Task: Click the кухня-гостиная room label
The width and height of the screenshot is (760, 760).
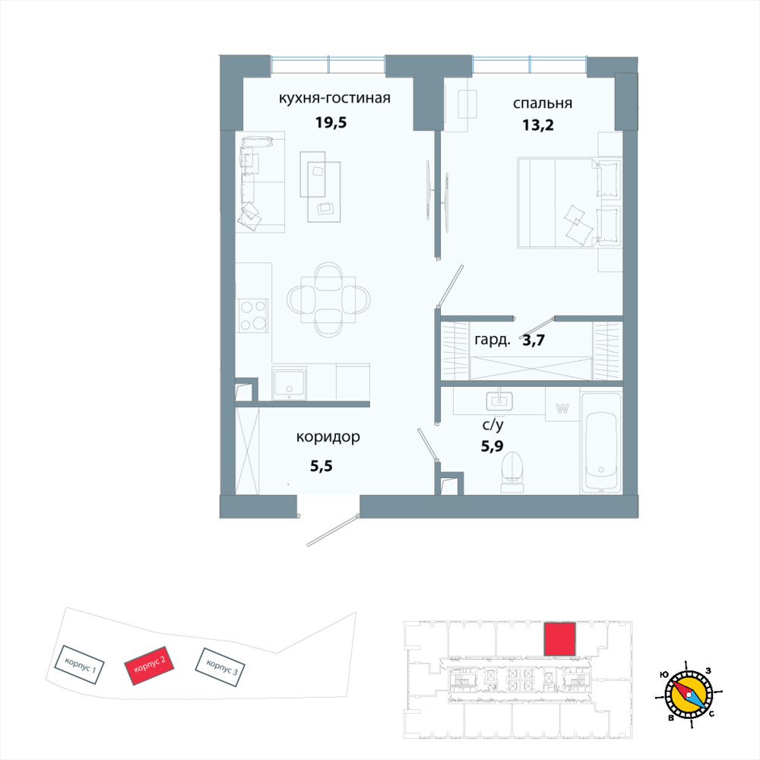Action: click(x=334, y=98)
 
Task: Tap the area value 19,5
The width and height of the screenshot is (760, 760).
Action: click(x=331, y=122)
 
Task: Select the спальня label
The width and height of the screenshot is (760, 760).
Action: click(x=543, y=103)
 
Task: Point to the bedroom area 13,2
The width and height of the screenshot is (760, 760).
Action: click(x=537, y=125)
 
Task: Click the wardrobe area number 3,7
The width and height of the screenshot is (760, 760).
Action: click(x=534, y=340)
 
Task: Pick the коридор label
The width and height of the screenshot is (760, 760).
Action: click(x=328, y=437)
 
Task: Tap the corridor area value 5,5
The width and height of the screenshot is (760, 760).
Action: click(x=321, y=467)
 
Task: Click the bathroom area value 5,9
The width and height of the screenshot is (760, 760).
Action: click(x=492, y=446)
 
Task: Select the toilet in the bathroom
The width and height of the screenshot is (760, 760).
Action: click(x=512, y=472)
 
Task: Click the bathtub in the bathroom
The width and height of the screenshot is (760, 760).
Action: click(x=601, y=443)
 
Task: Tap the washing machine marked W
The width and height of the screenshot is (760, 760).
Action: click(x=562, y=409)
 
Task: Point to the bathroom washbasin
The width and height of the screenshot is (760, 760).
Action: click(x=499, y=400)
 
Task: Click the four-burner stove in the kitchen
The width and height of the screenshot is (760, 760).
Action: click(x=252, y=315)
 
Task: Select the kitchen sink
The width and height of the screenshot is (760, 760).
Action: click(x=289, y=384)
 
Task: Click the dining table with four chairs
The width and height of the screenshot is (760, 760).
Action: click(x=328, y=299)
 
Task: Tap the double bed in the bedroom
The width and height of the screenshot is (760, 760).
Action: click(x=569, y=202)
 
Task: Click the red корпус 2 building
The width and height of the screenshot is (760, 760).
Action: click(x=149, y=665)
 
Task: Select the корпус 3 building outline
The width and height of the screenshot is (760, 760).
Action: click(x=220, y=667)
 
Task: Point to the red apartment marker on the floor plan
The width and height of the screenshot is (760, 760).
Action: click(x=560, y=639)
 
